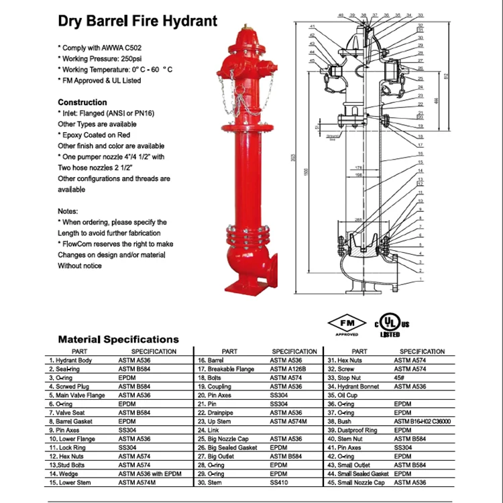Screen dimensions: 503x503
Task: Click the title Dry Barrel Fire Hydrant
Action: click(138, 21)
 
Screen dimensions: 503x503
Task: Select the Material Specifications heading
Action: click(118, 339)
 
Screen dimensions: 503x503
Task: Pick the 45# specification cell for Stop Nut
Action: click(400, 378)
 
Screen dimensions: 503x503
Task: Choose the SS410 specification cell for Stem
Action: click(278, 482)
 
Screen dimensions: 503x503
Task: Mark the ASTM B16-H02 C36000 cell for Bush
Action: click(422, 421)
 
